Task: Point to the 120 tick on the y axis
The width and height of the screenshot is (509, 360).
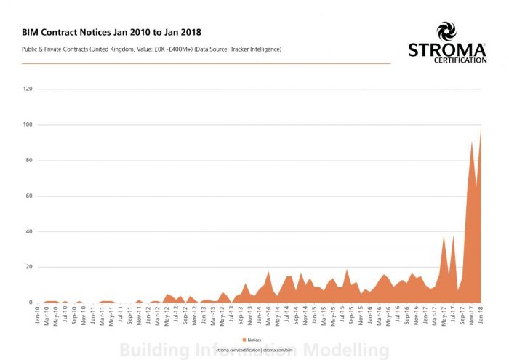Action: coord(29,89)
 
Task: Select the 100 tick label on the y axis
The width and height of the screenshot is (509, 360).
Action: coord(29,125)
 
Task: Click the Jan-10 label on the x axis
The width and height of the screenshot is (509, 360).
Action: coord(38,314)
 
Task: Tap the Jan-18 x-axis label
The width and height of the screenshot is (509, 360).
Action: coord(480,314)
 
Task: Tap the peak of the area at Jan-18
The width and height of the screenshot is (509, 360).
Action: coord(481,128)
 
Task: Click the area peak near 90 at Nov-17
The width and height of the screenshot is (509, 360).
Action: coord(472,142)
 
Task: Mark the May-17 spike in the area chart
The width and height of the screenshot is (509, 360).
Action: coord(444,236)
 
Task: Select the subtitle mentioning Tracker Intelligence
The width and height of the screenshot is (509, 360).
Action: coord(151,49)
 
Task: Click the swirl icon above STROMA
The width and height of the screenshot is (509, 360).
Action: coord(446,31)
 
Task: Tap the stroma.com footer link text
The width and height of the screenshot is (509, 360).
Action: coord(254,349)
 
